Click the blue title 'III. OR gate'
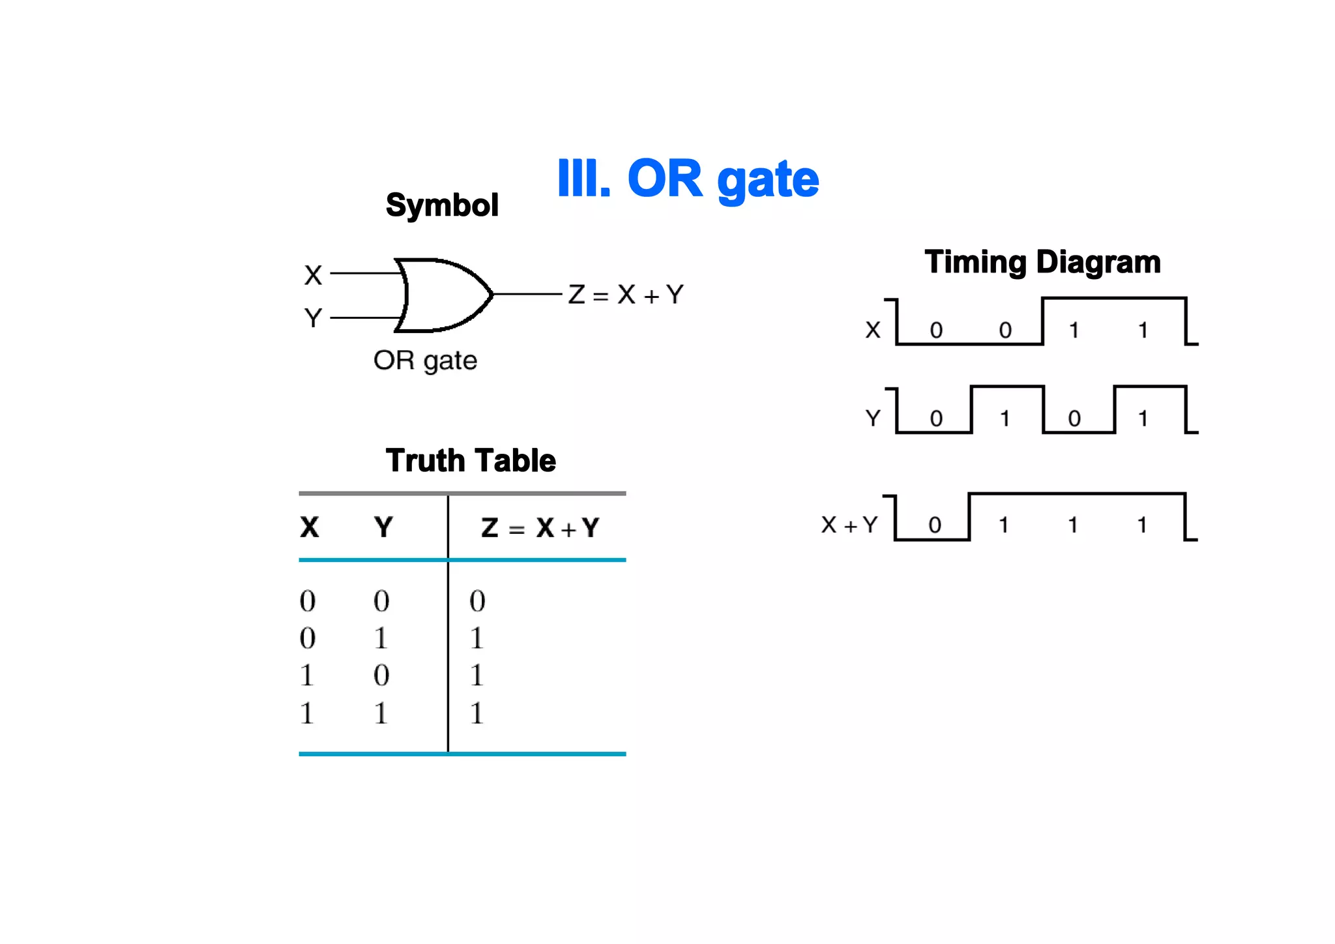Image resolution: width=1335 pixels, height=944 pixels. point(688,179)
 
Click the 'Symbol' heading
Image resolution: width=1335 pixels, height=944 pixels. point(442,205)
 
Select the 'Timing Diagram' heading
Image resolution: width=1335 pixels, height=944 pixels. point(1042,262)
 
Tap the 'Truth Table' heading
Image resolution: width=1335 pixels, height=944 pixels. point(471,461)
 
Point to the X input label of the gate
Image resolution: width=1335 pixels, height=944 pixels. point(314,274)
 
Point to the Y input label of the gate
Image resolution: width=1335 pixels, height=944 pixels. point(314,318)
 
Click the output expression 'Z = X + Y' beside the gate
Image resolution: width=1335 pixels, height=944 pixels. point(626,295)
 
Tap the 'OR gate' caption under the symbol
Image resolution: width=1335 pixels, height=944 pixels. point(425,361)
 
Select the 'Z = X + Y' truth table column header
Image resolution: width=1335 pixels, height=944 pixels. point(540,527)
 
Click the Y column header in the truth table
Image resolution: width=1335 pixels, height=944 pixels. point(383,527)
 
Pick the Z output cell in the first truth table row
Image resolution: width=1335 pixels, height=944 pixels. point(477,601)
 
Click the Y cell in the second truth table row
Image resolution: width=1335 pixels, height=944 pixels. point(381,638)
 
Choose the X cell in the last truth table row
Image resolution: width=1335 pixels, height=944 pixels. point(307,713)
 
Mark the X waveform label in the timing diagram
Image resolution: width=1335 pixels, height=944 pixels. point(873,330)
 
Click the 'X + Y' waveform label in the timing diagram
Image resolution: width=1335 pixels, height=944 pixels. point(849,525)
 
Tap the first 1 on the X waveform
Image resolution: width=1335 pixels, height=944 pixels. point(1074,331)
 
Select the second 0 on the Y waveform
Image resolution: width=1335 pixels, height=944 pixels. point(1074,419)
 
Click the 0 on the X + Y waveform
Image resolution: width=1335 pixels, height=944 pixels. point(935,525)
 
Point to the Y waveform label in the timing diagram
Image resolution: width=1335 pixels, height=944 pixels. point(873,418)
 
